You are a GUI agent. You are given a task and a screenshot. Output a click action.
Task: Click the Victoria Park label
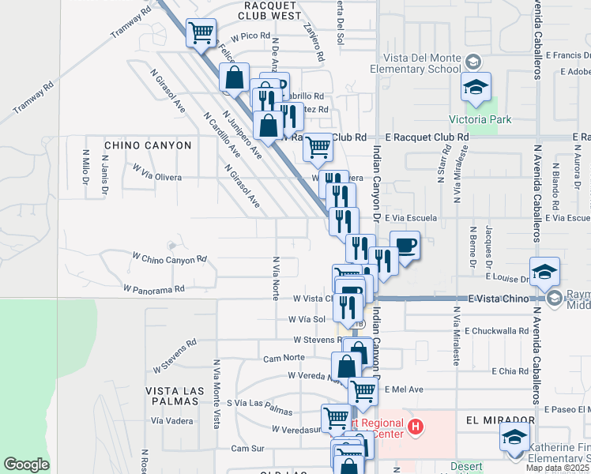pos(480,120)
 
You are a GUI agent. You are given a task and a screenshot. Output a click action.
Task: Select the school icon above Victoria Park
pos(476,89)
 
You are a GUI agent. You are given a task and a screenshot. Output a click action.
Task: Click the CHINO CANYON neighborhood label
pos(148,145)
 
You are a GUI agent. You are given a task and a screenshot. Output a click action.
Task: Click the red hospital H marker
pos(416,429)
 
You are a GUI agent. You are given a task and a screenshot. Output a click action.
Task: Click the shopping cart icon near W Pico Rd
pos(201,34)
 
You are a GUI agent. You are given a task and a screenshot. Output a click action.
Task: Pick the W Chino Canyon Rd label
pos(169,258)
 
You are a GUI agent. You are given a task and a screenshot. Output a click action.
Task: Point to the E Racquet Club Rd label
pos(427,137)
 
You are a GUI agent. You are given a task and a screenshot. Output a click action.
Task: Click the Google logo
pos(26,465)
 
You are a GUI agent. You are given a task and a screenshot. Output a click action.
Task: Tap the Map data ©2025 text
pos(557,468)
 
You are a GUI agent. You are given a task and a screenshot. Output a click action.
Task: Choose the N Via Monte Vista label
pos(216,394)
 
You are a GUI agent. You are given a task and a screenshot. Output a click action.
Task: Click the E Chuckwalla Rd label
pos(496,331)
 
